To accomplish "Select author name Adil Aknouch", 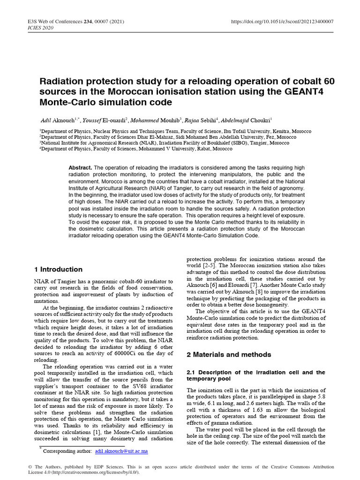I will click(x=59, y=120).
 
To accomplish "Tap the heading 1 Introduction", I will click(x=59, y=270).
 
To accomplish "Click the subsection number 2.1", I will click(x=192, y=372).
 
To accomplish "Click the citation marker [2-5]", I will click(x=217, y=265).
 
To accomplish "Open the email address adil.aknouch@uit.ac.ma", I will click(x=121, y=451).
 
